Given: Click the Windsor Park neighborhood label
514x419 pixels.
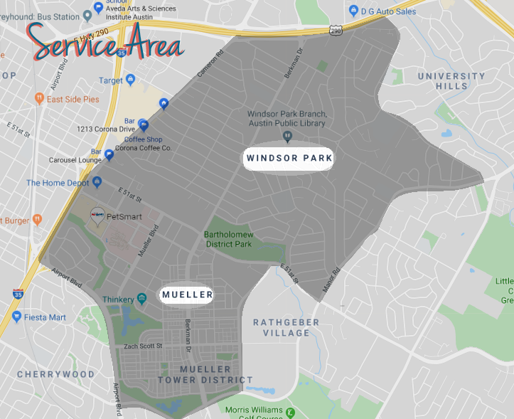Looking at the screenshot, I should tap(288, 157).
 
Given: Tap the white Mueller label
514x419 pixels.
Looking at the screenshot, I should tap(186, 294).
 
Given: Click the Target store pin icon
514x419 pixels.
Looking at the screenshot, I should tap(130, 80).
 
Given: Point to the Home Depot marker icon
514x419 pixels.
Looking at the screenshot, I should tap(97, 183).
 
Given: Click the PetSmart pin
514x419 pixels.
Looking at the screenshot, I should tap(97, 214).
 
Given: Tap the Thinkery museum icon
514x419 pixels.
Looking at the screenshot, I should tap(142, 299).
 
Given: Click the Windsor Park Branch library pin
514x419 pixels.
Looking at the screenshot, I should tap(288, 135).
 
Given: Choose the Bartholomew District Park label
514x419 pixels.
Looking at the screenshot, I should tap(228, 238).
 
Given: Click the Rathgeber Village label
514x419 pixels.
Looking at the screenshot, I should tap(287, 328).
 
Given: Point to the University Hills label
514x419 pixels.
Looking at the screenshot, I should tap(451, 81).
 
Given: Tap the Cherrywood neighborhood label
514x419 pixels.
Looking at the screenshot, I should tap(55, 374).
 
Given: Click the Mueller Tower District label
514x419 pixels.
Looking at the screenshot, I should tap(205, 375).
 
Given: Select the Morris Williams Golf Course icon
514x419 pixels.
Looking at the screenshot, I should tap(289, 411).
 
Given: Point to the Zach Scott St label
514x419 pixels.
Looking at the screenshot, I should tap(144, 346).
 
